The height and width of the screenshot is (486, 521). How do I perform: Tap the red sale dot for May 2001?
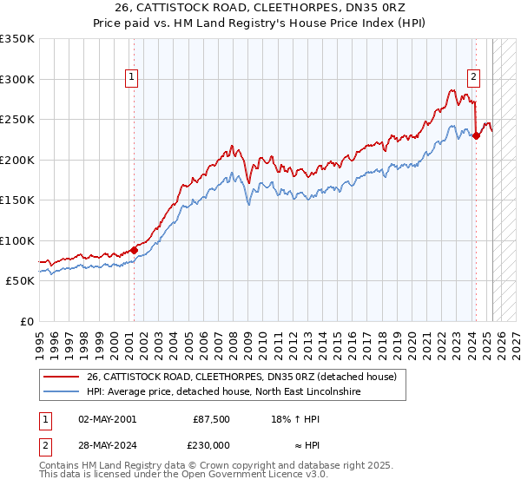point(134,250)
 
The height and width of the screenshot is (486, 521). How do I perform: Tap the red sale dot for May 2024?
point(476,135)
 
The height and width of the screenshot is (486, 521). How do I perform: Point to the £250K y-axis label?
point(17,120)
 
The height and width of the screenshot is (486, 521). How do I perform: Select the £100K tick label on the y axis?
point(17,240)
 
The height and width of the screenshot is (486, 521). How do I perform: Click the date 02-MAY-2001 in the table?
point(107,418)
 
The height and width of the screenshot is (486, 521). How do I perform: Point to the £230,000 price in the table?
point(211,444)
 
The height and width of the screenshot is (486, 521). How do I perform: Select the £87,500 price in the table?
point(211,418)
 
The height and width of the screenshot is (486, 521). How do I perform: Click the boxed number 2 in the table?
point(44,444)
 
